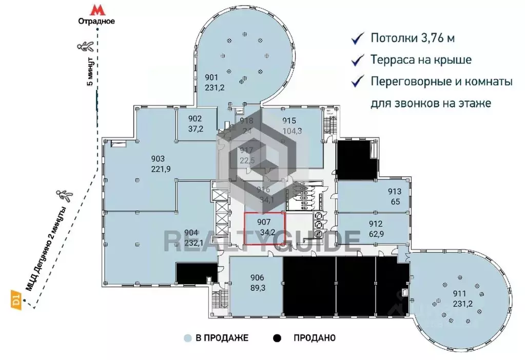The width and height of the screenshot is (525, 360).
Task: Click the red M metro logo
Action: click(x=95, y=10)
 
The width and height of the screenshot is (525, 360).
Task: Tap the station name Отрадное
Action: click(x=95, y=22)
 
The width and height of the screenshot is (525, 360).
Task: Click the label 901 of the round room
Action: click(x=211, y=77)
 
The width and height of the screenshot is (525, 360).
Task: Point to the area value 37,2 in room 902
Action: click(x=196, y=129)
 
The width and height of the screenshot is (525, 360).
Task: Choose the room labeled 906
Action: click(x=257, y=278)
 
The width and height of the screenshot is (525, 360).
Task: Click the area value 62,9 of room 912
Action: click(x=376, y=233)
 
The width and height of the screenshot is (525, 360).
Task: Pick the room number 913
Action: click(x=394, y=192)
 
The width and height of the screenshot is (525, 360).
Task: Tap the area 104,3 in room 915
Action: click(x=292, y=130)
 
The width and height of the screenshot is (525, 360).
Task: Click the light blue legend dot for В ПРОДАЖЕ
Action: click(x=188, y=338)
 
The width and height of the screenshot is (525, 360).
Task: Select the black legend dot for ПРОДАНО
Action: click(x=277, y=338)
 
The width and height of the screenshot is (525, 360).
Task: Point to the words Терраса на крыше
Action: click(x=421, y=59)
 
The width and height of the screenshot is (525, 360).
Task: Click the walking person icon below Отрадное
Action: click(x=84, y=47)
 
